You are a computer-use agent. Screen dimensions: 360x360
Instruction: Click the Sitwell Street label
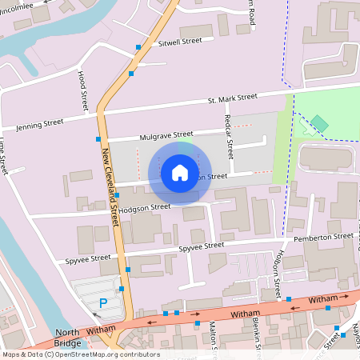(x=180, y=41)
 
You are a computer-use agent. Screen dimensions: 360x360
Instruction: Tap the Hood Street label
(x=82, y=90)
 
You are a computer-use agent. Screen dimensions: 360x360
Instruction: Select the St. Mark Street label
(x=232, y=98)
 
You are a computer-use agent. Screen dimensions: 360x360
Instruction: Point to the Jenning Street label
(x=40, y=124)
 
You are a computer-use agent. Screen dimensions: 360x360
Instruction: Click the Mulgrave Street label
(x=166, y=134)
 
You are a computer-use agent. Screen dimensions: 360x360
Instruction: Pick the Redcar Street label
(x=229, y=136)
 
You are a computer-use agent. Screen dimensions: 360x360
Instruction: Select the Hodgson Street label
(x=145, y=206)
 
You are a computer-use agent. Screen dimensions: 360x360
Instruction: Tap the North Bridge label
(x=68, y=338)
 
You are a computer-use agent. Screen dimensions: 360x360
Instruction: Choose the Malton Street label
(x=214, y=336)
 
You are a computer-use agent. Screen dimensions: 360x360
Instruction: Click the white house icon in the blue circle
(x=180, y=172)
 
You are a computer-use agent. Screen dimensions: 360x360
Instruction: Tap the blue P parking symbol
(x=103, y=302)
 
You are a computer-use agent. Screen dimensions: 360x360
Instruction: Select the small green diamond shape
(x=319, y=122)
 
